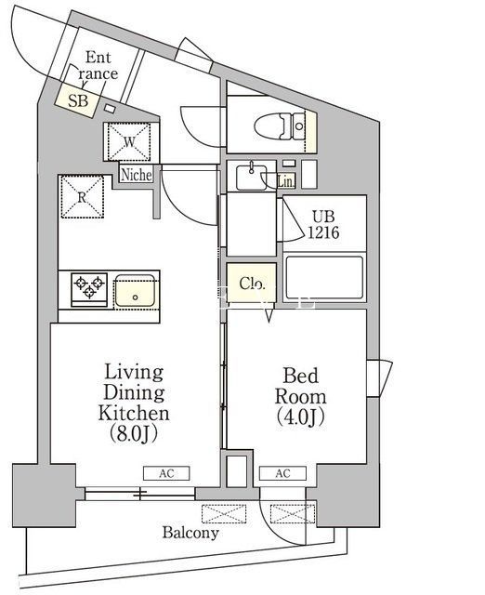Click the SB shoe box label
point(77,99)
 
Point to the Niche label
point(136,174)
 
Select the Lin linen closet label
point(285,182)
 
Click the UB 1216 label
point(324,224)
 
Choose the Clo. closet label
point(252,284)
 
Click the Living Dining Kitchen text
point(134,392)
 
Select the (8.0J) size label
point(134,434)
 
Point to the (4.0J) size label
point(300,419)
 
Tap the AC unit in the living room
point(166,473)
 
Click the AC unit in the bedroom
point(282,473)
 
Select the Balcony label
point(190,533)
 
